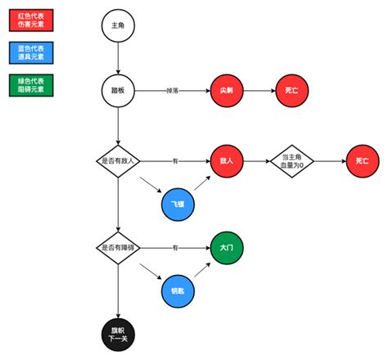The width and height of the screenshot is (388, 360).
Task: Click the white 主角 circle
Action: coord(119,25)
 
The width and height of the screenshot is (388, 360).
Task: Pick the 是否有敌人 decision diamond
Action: coord(119,160)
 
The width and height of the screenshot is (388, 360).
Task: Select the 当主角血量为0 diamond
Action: coord(292,160)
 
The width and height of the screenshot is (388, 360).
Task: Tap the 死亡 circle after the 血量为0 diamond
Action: coord(362,160)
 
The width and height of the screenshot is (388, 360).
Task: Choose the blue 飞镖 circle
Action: coord(178,202)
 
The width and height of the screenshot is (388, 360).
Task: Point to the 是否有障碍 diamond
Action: coord(119,247)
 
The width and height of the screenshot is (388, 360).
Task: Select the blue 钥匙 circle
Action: coord(178,290)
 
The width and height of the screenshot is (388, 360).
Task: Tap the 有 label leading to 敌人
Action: coord(174,160)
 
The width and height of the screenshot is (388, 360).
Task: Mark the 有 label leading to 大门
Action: coord(174,247)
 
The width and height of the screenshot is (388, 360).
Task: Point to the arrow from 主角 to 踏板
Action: coord(119,56)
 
